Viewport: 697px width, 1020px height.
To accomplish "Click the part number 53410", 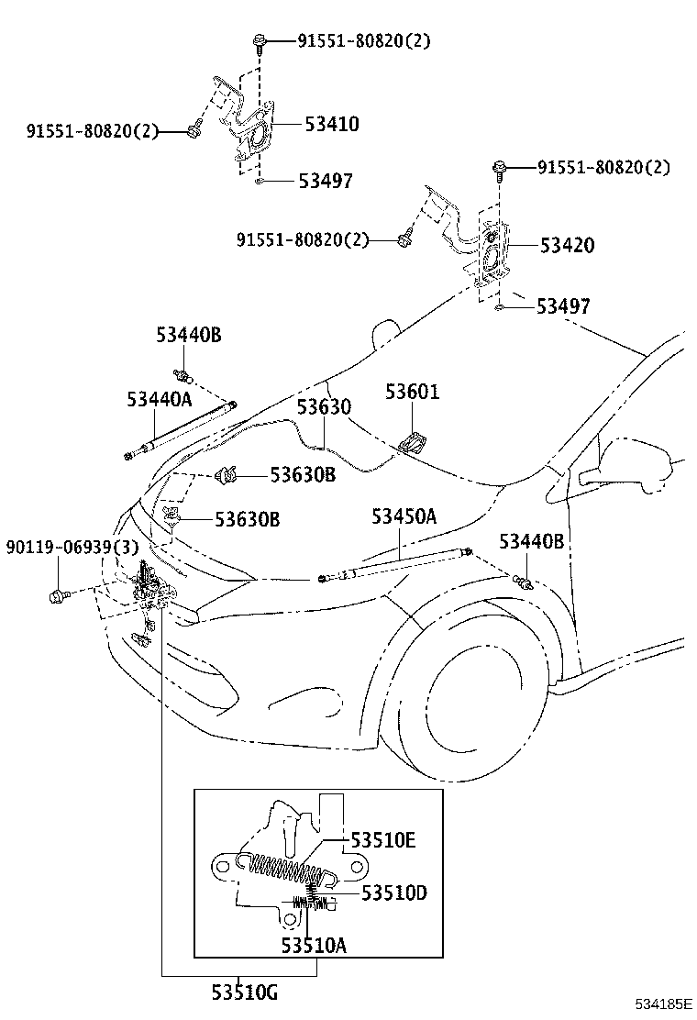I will coord(331,124).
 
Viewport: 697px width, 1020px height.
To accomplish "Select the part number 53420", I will coord(566,246).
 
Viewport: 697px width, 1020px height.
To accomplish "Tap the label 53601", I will coord(412,393).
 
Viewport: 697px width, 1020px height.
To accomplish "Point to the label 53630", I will coord(323,406).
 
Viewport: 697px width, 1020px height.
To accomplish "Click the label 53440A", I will coord(160,399).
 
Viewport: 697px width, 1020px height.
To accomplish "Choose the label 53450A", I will coord(404,516).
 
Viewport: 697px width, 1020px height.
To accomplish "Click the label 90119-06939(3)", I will coord(72,547).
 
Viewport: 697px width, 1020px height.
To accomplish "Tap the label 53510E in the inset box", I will coord(382,840).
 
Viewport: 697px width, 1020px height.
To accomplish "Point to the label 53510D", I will coord(393,892).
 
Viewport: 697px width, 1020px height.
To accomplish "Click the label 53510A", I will coord(314,945).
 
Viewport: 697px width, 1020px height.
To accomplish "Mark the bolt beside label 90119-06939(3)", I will coord(59,596).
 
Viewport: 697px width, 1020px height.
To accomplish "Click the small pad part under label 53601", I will coord(411,441).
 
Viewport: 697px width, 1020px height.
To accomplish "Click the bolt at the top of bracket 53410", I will coord(259,41).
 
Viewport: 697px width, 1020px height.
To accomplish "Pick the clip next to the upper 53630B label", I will coord(227,475).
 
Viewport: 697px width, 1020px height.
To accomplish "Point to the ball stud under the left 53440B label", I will coord(183,375).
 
